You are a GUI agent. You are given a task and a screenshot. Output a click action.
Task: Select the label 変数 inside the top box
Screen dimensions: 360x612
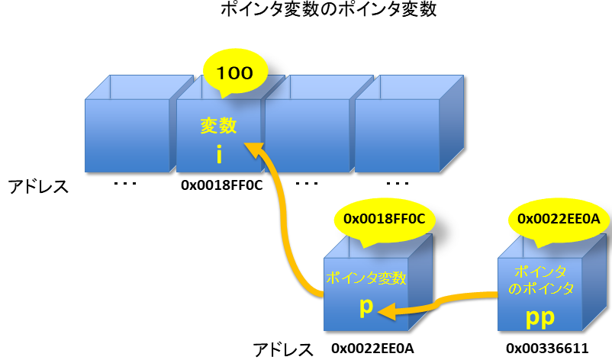pos(219,126)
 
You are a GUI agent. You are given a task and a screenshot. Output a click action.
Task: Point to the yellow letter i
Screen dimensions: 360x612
pos(219,155)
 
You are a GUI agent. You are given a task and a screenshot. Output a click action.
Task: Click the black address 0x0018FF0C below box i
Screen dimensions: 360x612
pos(217,185)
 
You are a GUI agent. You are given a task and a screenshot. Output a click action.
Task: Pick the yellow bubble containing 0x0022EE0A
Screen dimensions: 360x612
pos(559,219)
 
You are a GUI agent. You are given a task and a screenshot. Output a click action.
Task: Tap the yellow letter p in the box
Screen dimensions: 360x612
pos(366,306)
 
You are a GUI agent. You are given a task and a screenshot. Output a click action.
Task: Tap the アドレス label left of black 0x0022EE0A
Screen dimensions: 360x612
pos(283,350)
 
